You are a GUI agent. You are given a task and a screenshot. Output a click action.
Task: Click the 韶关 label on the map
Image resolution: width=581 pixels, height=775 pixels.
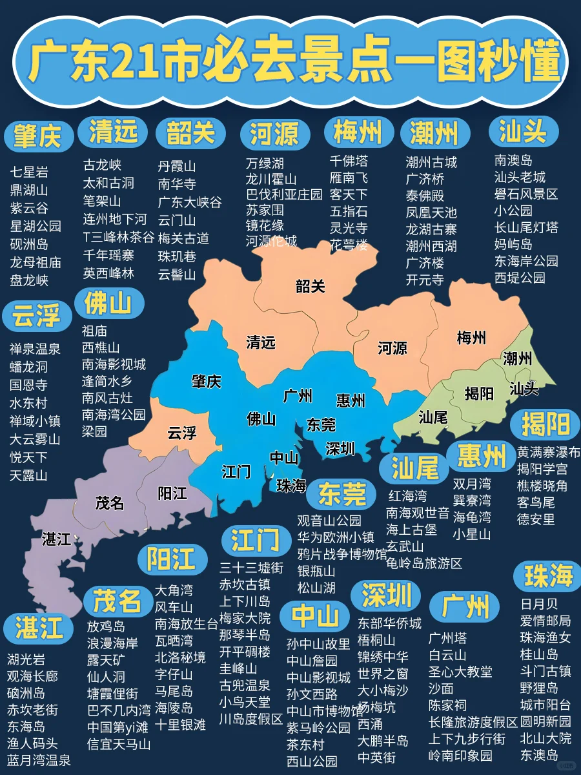click(310, 286)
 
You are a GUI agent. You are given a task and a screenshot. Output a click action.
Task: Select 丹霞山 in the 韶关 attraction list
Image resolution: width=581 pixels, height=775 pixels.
click(177, 166)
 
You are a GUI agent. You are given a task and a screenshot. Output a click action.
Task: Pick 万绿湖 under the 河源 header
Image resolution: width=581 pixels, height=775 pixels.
click(265, 163)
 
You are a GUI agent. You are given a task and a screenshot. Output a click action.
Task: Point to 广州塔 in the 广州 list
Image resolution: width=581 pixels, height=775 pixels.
click(447, 638)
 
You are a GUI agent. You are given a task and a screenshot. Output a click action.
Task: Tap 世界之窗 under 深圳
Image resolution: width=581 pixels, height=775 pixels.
click(383, 674)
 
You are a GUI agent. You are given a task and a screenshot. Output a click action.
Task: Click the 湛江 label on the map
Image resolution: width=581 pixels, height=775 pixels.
click(57, 538)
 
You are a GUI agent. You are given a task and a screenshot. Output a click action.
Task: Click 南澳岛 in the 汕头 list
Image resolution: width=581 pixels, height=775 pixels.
click(513, 160)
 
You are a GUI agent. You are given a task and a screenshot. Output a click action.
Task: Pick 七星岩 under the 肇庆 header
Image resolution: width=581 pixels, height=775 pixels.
click(29, 172)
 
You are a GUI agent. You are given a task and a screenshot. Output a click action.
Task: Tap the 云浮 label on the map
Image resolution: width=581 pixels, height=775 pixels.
click(181, 433)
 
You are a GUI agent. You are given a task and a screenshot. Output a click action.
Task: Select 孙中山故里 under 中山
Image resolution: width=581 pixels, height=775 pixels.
click(318, 644)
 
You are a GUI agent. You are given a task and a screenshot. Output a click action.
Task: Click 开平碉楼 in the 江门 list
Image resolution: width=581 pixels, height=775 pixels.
click(245, 651)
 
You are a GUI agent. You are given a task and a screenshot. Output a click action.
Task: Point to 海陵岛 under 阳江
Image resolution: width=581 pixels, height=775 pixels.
click(174, 708)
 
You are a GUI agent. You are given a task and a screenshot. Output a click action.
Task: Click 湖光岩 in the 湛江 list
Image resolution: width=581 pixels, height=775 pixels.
click(26, 659)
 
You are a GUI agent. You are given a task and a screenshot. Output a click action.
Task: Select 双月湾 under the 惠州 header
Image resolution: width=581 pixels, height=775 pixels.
click(471, 484)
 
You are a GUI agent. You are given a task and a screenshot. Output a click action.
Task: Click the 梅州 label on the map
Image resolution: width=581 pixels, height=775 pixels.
click(471, 337)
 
